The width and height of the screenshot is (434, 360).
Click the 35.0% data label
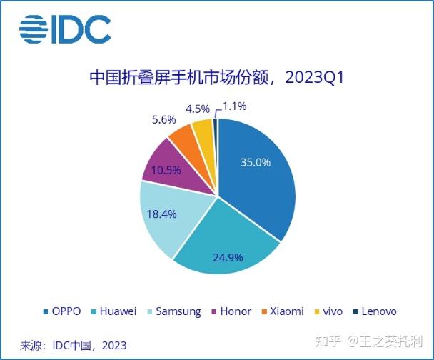coord(254,162)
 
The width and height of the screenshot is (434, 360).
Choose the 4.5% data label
coord(197,109)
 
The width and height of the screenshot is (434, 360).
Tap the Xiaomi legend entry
coord(282,311)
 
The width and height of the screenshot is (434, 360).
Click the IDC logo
coord(65,29)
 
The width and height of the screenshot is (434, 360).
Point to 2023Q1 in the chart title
coord(314,76)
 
